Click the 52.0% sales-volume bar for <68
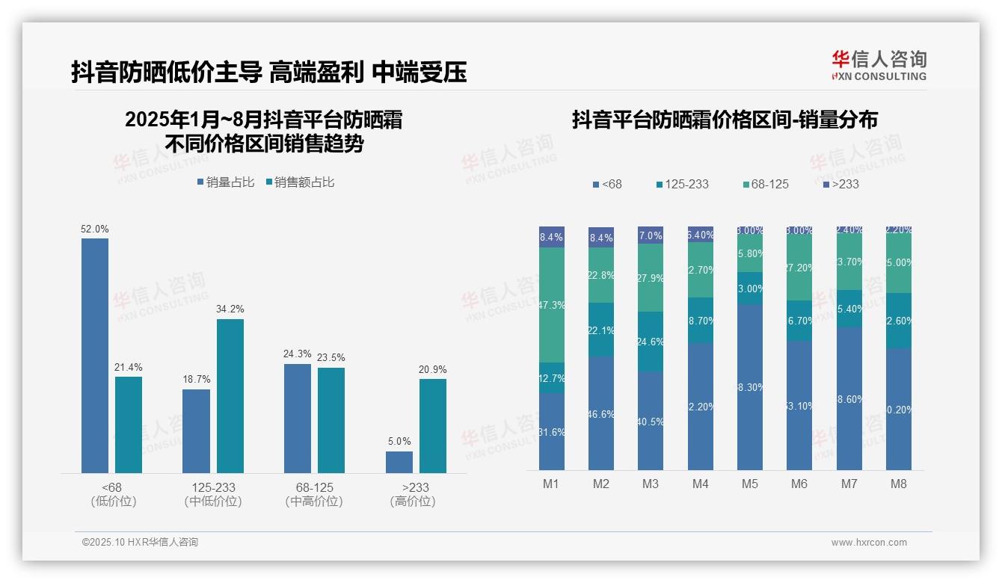pos(95,355)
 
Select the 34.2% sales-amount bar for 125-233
pos(230,395)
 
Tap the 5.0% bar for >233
pos(399,462)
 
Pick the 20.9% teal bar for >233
pos(433,425)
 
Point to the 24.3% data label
pos(297,354)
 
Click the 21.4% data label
pos(128,367)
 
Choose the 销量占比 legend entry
pos(227,182)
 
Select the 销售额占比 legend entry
pos(300,182)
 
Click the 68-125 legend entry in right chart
pos(766,184)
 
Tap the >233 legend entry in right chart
pos(840,184)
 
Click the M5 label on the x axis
pos(750,484)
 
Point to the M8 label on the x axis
pos(899,484)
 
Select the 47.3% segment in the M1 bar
pos(552,305)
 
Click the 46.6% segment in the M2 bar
pos(601,413)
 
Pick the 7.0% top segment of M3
pos(651,235)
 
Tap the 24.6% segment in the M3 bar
pos(651,342)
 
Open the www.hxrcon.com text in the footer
pos(869,543)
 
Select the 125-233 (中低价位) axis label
pos(213,494)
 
